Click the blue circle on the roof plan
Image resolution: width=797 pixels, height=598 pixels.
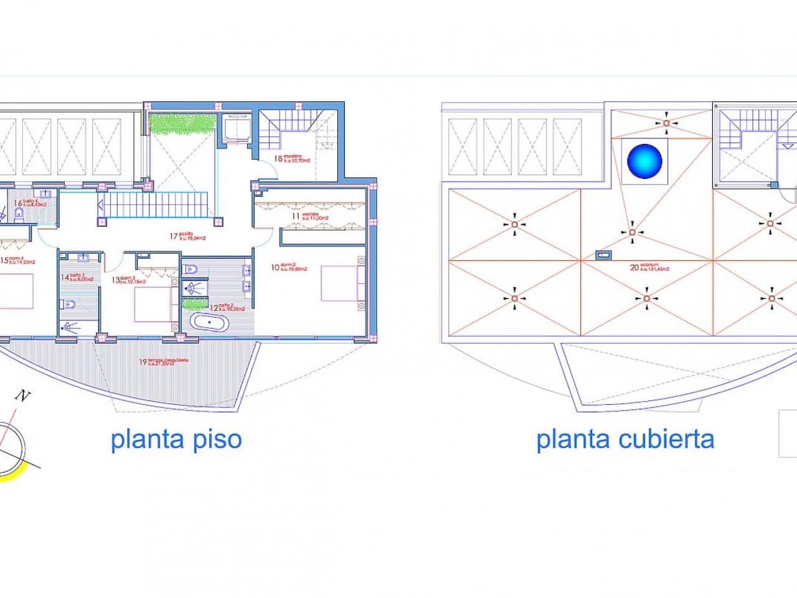coord(645,159)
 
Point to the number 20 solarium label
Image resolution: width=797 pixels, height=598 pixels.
coord(634,268)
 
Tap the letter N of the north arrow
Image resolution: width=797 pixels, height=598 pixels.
coord(24,395)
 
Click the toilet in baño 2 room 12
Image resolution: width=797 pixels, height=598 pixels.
coord(192,269)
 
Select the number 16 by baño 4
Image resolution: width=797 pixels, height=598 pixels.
coord(18,203)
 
